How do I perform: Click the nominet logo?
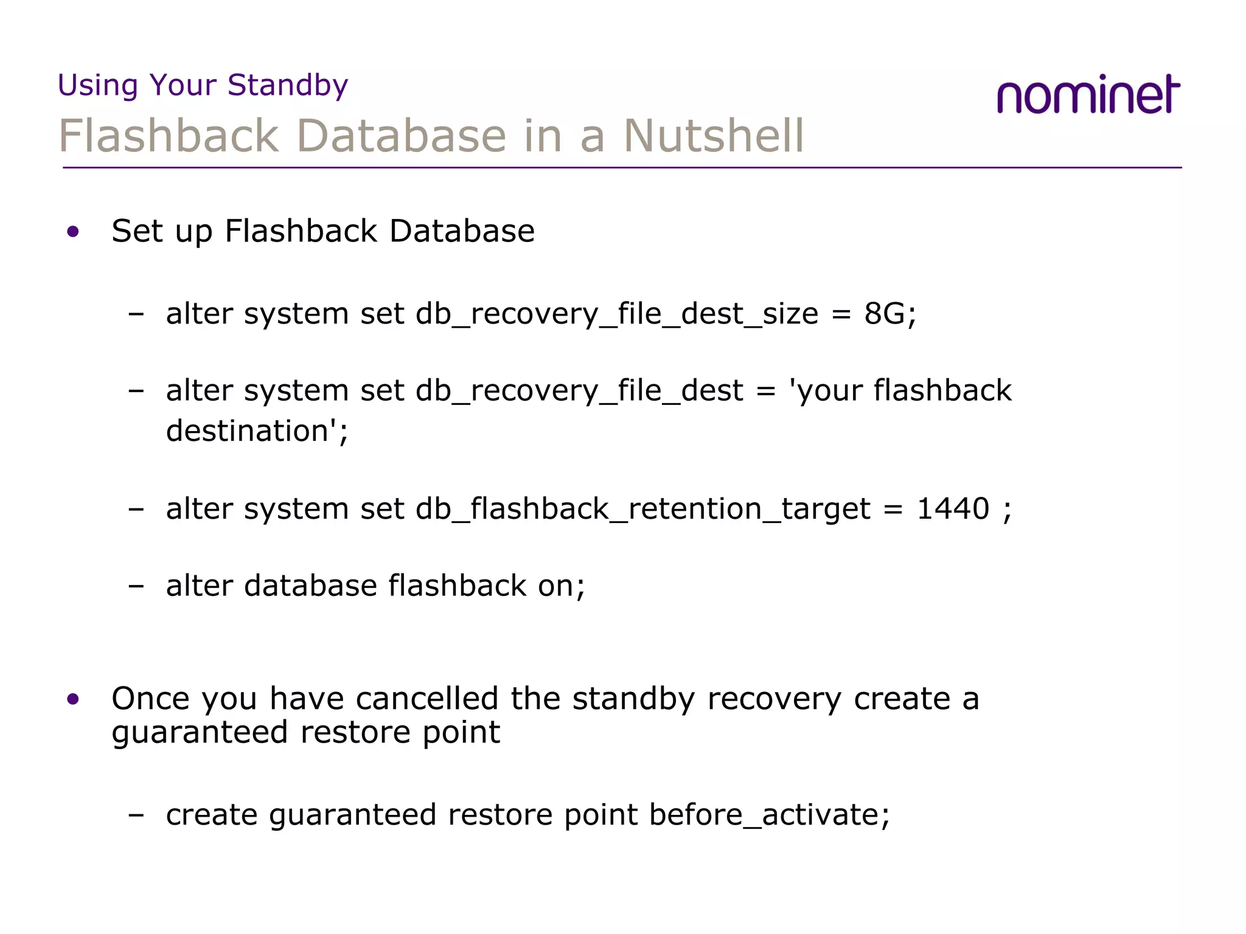click(1088, 95)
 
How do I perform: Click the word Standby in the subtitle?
click(288, 85)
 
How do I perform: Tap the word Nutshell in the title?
click(714, 136)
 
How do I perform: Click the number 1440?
click(953, 508)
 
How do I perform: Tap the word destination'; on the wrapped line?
click(257, 431)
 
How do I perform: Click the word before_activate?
click(769, 815)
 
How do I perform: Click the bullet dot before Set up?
click(74, 232)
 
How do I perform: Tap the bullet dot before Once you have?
click(74, 699)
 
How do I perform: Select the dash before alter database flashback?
click(136, 586)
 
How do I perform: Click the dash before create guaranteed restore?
click(136, 815)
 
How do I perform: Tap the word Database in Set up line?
click(462, 232)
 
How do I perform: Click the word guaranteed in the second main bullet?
click(200, 733)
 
